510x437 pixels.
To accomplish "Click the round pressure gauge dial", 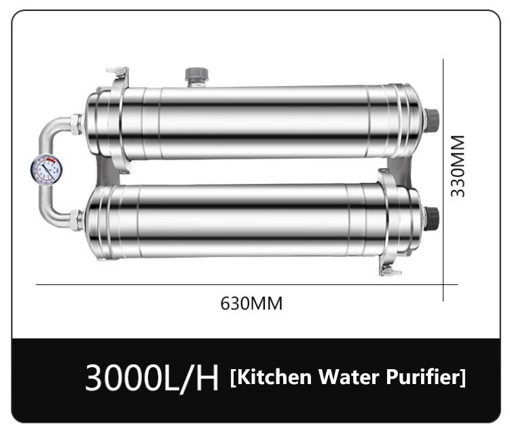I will tap(47, 170).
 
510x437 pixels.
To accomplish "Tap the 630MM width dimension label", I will tap(251, 303).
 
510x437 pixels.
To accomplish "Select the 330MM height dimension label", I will tap(460, 166).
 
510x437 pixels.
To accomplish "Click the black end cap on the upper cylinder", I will tap(432, 119).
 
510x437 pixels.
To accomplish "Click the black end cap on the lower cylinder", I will tap(432, 218).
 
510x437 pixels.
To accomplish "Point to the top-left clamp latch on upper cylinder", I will tap(116, 74).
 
